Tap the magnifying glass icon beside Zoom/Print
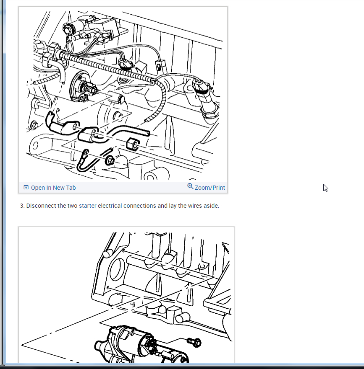(x=190, y=186)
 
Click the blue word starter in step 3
(x=87, y=206)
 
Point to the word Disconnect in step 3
(x=41, y=206)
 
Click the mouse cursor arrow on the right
(x=325, y=188)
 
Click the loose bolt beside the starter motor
(x=194, y=342)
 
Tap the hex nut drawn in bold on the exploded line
(x=133, y=144)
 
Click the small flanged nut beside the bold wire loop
(x=110, y=161)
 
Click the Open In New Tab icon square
(x=26, y=187)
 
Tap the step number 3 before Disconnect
(x=22, y=206)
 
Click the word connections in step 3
(x=140, y=206)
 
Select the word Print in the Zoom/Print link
(x=219, y=188)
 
